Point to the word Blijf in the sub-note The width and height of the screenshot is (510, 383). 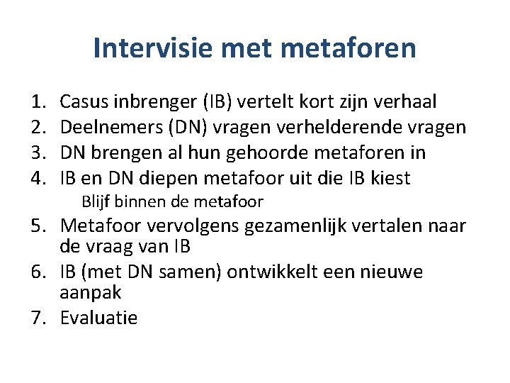click(x=96, y=202)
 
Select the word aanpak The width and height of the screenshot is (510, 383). click(x=91, y=292)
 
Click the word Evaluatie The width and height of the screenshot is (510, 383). click(x=99, y=318)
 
